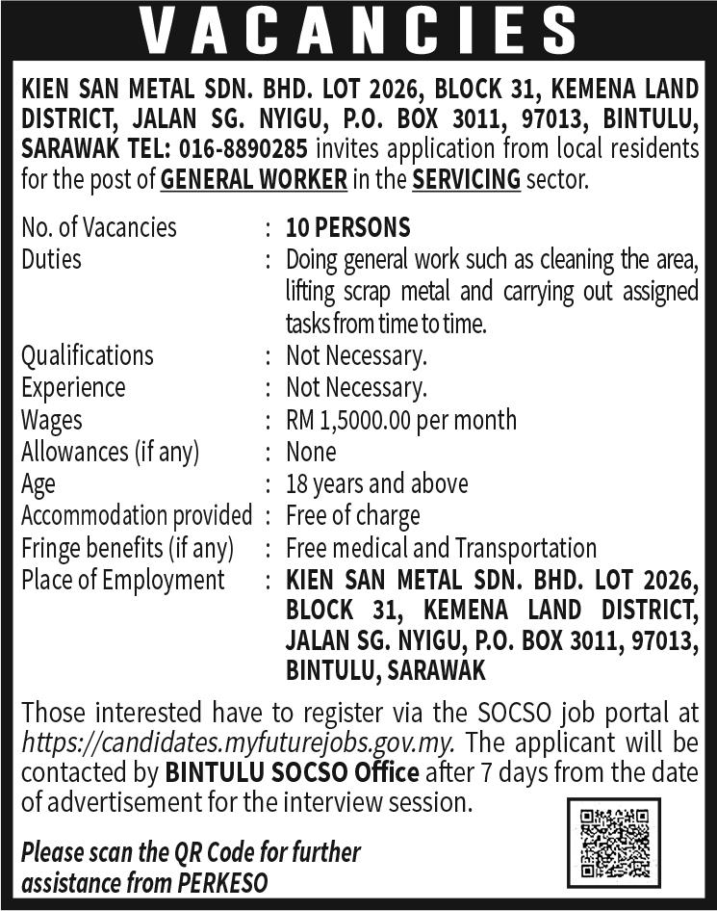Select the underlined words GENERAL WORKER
click(x=254, y=180)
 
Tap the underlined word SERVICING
click(x=466, y=180)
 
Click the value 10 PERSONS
click(x=348, y=227)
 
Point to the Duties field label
click(x=51, y=259)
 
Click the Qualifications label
click(x=87, y=355)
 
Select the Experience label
click(x=73, y=387)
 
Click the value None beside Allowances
click(x=311, y=452)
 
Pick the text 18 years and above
click(x=376, y=483)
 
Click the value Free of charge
click(x=352, y=516)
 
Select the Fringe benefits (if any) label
click(x=127, y=548)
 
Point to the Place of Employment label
click(x=122, y=580)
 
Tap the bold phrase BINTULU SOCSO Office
click(x=292, y=772)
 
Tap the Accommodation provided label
click(x=136, y=516)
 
